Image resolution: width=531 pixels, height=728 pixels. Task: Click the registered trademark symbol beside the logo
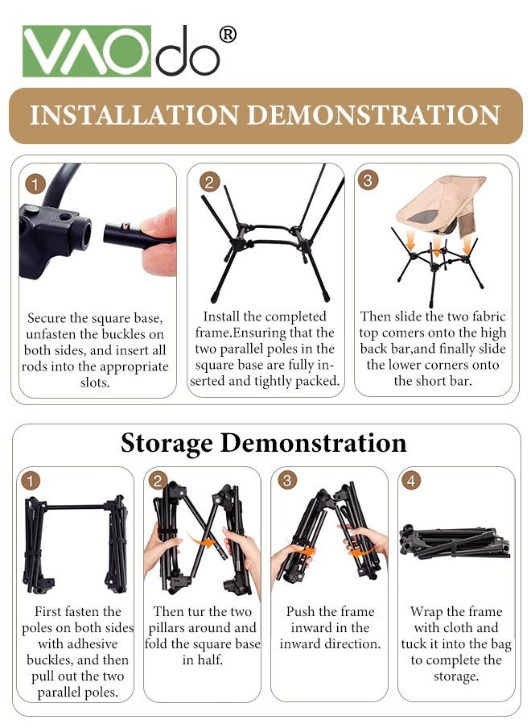[228, 35]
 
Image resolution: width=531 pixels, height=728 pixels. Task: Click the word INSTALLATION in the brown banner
[135, 116]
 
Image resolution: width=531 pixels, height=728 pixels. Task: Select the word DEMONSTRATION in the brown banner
[374, 116]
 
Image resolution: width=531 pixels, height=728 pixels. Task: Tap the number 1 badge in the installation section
[35, 184]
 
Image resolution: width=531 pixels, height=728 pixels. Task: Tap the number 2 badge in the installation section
[209, 182]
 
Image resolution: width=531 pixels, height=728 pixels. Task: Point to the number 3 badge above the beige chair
[368, 180]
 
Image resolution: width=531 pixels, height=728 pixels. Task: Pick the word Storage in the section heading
[167, 444]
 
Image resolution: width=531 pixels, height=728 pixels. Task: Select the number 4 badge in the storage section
[411, 480]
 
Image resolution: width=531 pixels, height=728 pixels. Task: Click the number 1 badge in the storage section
[30, 480]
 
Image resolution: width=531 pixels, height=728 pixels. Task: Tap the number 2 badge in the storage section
[158, 480]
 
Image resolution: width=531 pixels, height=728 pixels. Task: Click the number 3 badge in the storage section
[287, 480]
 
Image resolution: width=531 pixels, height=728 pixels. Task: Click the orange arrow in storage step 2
[202, 541]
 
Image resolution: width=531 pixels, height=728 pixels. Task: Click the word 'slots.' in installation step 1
[95, 383]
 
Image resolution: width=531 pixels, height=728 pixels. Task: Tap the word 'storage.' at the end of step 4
[456, 676]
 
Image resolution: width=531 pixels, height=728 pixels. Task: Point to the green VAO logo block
[87, 51]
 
